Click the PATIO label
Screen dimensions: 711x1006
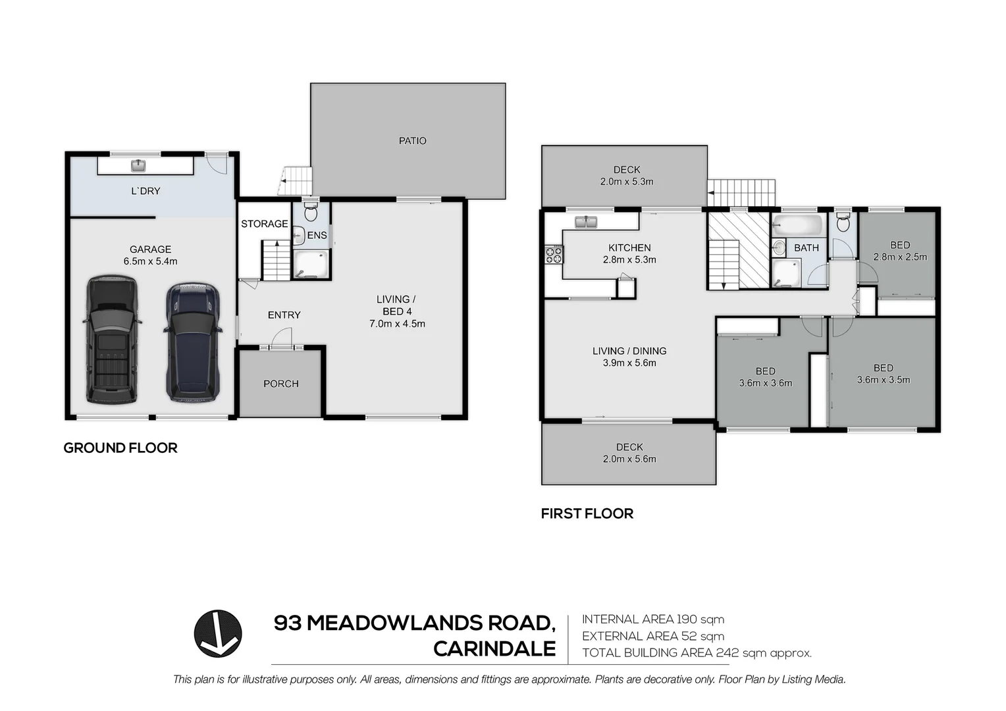point(412,141)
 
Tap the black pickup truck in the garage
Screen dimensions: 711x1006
point(111,339)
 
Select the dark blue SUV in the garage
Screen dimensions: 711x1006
point(192,342)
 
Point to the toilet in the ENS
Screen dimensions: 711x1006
point(311,212)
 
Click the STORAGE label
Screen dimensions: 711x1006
point(264,224)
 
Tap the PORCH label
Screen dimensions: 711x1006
point(280,384)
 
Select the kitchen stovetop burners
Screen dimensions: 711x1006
point(554,254)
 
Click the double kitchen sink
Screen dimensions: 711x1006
point(585,222)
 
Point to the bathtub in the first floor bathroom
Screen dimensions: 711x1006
point(797,226)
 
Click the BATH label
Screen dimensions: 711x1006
point(806,248)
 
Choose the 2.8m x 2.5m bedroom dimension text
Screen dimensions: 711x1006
point(899,257)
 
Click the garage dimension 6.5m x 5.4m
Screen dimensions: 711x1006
point(150,261)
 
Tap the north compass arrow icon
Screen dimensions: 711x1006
point(218,633)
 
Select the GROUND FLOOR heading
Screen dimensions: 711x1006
point(120,448)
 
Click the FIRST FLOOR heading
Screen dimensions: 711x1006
point(587,513)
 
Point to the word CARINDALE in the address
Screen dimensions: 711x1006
point(494,649)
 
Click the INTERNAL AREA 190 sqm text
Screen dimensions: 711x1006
point(652,619)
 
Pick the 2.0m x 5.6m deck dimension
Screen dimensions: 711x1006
point(629,460)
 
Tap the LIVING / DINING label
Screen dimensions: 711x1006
point(629,351)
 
